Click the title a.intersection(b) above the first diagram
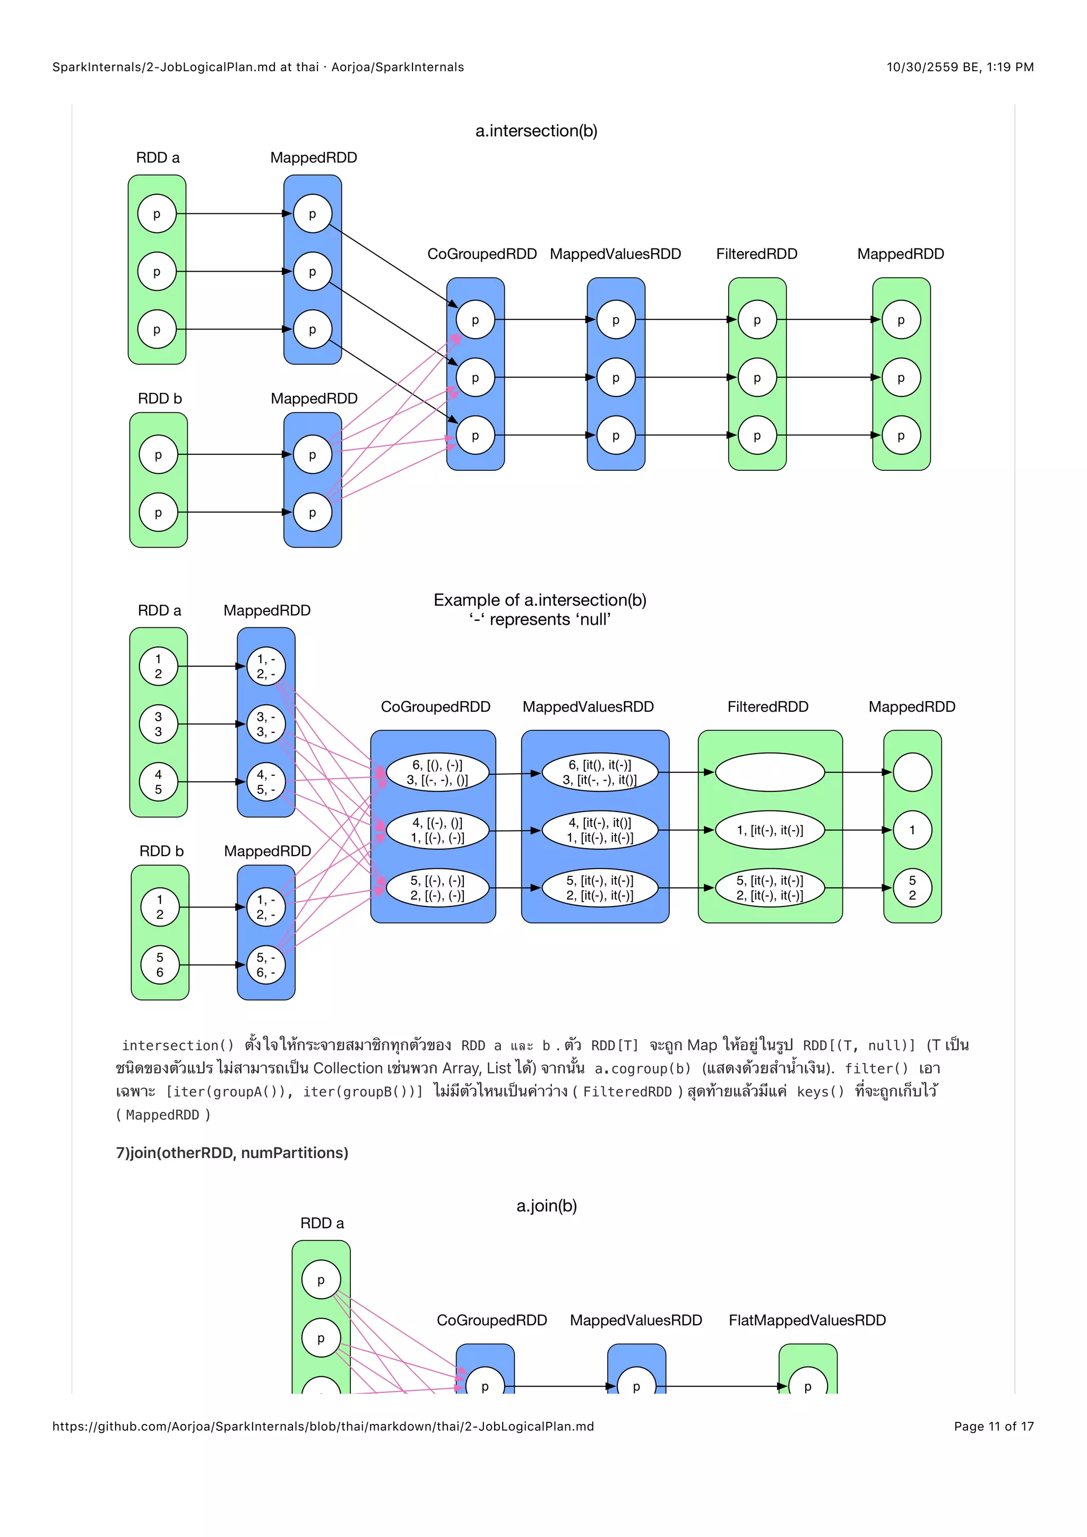[x=536, y=131]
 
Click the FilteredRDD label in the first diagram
[x=756, y=254]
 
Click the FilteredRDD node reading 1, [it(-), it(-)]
[x=770, y=830]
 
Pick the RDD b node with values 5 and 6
[x=159, y=965]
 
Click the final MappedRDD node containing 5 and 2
[x=912, y=888]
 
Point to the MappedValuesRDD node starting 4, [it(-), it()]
[x=600, y=830]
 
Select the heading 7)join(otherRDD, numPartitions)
[x=232, y=1153]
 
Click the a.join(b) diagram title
[x=546, y=1206]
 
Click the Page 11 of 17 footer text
[x=993, y=1426]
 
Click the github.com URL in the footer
[x=323, y=1426]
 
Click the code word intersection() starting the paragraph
[x=177, y=1046]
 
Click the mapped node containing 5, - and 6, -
[x=266, y=965]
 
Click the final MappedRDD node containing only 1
[x=912, y=830]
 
